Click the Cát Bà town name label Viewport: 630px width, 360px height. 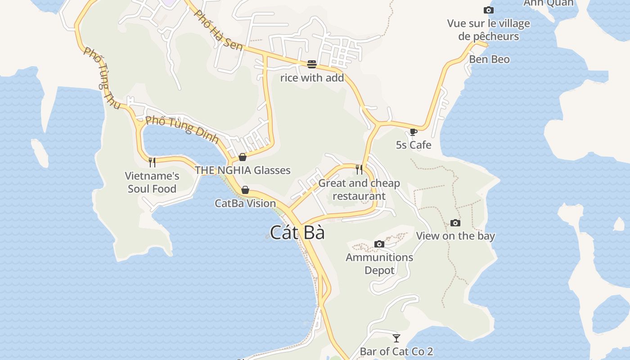(x=297, y=233)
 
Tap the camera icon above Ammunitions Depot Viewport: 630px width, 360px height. (x=379, y=244)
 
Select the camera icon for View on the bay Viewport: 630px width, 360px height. (x=455, y=223)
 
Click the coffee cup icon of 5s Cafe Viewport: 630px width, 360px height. (x=413, y=132)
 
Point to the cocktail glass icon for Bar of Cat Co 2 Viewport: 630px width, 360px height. (x=396, y=338)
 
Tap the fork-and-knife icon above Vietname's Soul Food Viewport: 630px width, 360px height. (x=152, y=162)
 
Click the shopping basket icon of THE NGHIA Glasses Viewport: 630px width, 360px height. (x=243, y=157)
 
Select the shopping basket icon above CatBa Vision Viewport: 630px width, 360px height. (x=245, y=190)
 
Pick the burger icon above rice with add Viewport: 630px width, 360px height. (x=312, y=64)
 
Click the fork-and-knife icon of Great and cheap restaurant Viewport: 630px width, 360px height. (x=359, y=169)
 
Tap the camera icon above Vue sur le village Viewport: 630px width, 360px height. (x=488, y=10)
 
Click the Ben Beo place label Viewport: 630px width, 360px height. (x=489, y=59)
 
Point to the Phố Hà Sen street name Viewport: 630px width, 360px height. (x=218, y=31)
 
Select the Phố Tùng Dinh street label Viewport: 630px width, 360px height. (x=182, y=129)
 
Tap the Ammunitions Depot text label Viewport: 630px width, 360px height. (x=379, y=264)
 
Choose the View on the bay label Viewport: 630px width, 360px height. (x=455, y=236)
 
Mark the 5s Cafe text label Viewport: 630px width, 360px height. (x=414, y=145)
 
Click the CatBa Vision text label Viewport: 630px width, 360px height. (x=245, y=203)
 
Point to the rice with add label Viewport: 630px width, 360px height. (x=312, y=78)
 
